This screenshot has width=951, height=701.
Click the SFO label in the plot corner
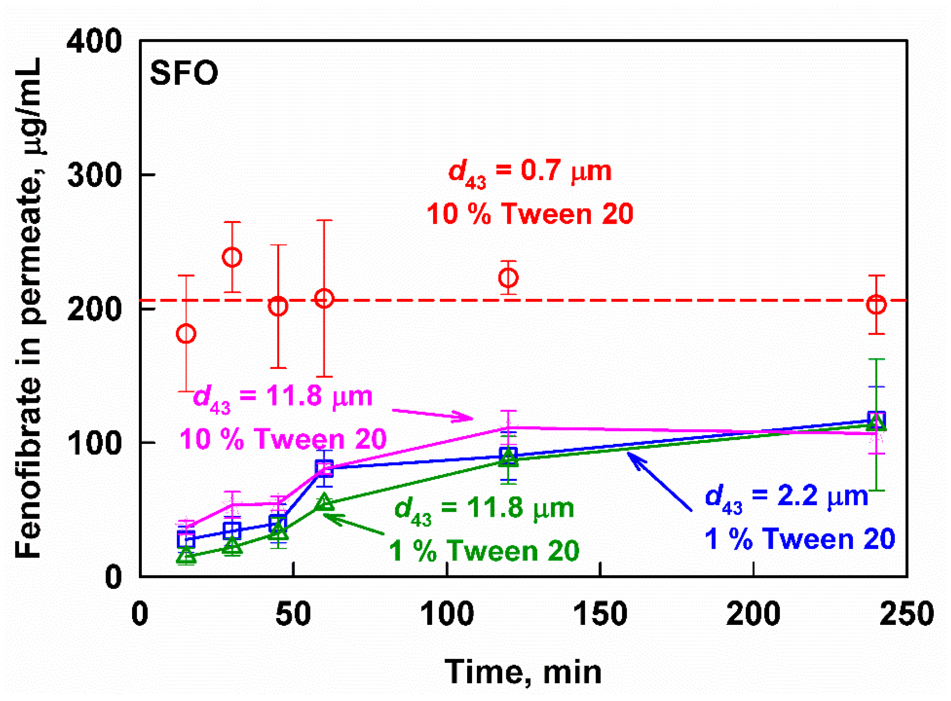[x=184, y=73]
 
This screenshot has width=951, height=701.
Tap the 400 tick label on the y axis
[x=94, y=42]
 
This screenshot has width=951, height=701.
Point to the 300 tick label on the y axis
[x=94, y=175]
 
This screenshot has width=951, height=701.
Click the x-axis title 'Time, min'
[x=523, y=672]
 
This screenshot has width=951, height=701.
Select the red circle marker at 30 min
[x=232, y=257]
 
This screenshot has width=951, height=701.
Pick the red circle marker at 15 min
[x=186, y=334]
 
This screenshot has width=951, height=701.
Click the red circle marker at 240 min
[x=876, y=305]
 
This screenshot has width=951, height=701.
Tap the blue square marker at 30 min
[x=232, y=530]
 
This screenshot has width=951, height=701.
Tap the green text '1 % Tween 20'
[x=484, y=551]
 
